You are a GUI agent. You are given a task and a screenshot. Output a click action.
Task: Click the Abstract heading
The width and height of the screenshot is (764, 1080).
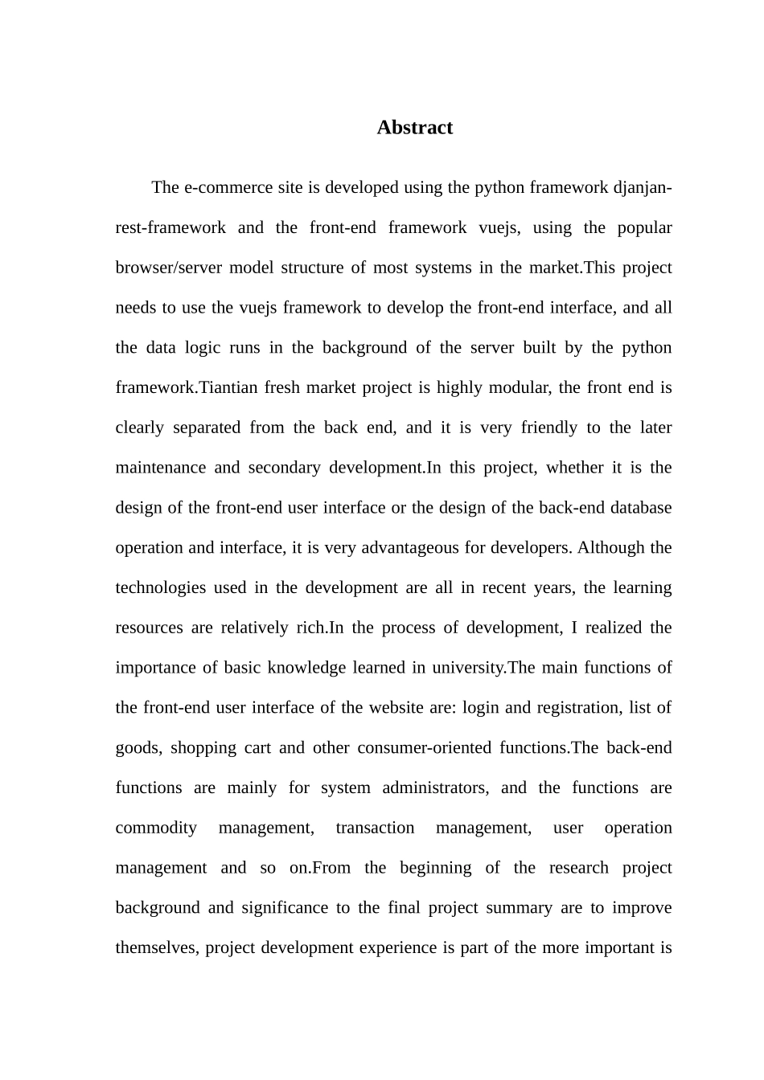414,128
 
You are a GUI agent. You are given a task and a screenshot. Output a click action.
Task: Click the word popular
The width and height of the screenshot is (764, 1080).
645,227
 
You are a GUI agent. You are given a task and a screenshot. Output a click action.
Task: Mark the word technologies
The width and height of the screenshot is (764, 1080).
161,587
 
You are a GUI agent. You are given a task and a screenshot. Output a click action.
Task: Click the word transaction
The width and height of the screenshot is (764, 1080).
375,828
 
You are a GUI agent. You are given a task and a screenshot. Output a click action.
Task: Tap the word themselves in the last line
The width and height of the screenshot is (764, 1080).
156,948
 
